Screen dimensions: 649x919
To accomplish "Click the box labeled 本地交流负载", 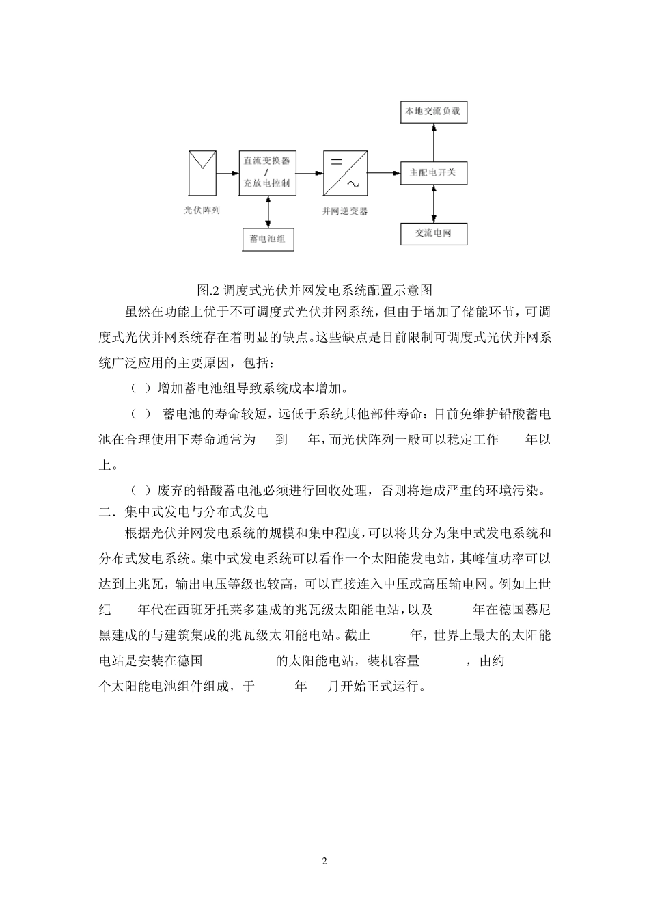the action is pos(433,111).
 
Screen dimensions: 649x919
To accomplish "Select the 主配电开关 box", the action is pos(433,173).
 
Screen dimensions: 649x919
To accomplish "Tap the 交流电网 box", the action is pos(433,233).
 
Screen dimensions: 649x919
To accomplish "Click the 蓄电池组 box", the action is pos(268,239).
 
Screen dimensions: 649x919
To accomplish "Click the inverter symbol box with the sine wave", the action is pos(346,172).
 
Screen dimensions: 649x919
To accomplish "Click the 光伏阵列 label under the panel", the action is pos(202,211).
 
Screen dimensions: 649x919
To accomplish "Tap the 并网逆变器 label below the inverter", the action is pos(346,211).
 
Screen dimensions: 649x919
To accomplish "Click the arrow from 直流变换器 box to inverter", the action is pos(310,173).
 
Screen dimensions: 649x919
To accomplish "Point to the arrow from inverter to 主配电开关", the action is pos(384,173).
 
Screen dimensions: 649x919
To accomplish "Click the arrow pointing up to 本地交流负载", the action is pos(433,141).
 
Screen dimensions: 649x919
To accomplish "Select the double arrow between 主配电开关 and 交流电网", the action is pos(433,203).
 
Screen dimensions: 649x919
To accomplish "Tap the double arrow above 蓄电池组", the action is pos(268,211).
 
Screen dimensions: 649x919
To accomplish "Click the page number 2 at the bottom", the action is pos(324,861).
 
